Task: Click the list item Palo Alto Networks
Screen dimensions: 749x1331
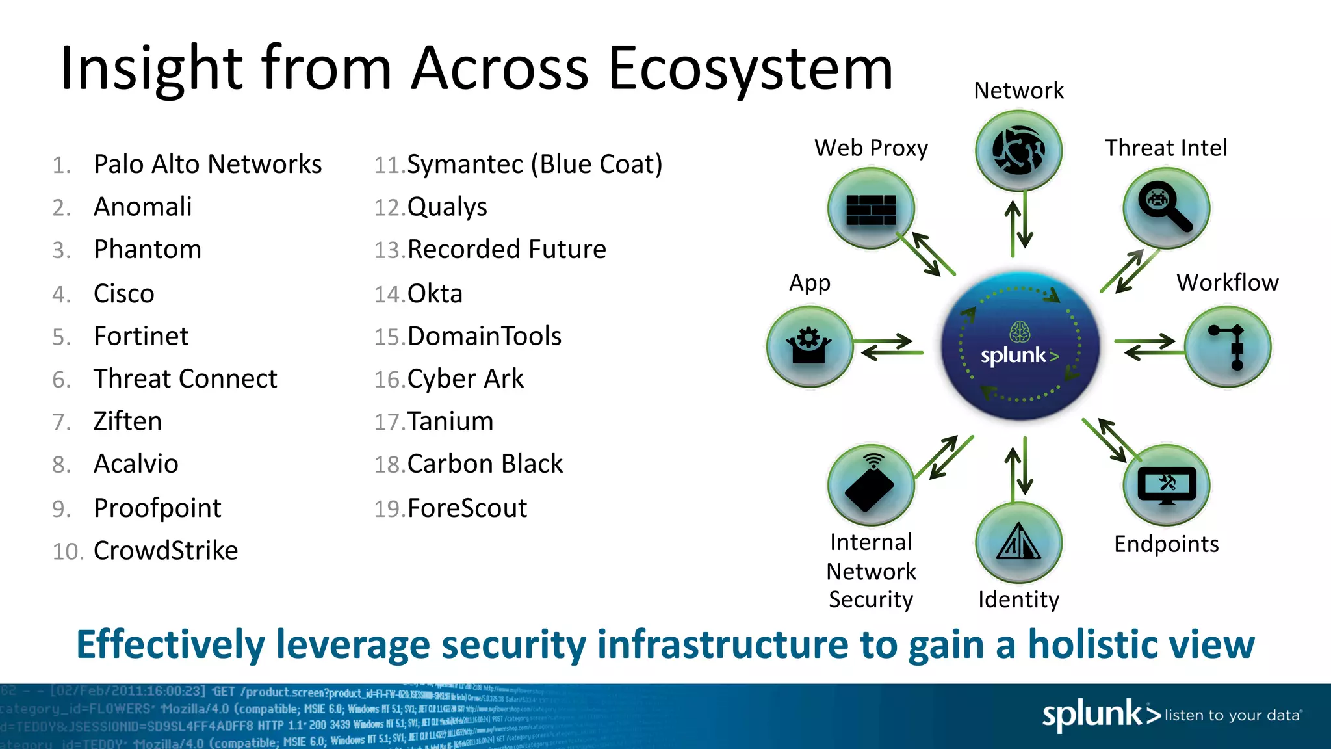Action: tap(207, 164)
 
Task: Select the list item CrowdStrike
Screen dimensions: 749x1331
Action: tap(166, 551)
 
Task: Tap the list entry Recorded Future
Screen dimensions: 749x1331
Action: tap(506, 250)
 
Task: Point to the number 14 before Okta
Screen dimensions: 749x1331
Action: tap(389, 295)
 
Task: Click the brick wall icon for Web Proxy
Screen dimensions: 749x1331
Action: tap(871, 209)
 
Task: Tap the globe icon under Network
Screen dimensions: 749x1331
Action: tap(1018, 151)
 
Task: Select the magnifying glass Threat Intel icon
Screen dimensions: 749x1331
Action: tap(1166, 208)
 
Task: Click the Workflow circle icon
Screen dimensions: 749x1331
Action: tap(1227, 347)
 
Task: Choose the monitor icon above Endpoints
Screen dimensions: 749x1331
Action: tap(1167, 485)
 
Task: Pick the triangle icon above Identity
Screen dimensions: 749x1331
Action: tap(1018, 542)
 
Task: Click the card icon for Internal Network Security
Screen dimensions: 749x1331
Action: tap(871, 485)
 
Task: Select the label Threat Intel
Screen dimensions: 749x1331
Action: tap(1166, 148)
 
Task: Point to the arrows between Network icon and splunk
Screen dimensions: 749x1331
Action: tap(1018, 224)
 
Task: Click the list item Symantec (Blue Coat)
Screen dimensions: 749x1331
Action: tap(534, 164)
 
